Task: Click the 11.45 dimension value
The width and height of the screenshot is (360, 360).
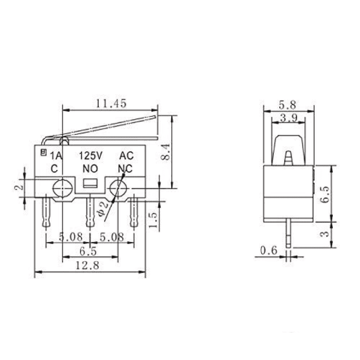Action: click(x=111, y=103)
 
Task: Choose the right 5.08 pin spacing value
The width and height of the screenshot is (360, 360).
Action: click(x=112, y=238)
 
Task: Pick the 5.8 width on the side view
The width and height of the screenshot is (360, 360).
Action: click(x=287, y=104)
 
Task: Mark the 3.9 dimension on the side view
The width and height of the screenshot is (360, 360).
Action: click(x=287, y=118)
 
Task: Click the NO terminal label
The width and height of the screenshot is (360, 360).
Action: click(x=91, y=168)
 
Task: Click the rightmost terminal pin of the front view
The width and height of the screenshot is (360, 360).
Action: click(x=135, y=212)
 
